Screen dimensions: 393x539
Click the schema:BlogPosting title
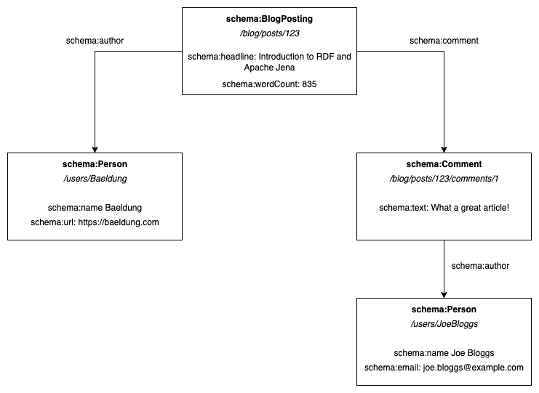click(269, 20)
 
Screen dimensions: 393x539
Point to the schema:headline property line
click(269, 61)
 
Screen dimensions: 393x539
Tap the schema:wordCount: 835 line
click(269, 84)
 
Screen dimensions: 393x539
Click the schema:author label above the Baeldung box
click(95, 41)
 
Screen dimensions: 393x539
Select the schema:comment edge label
click(444, 41)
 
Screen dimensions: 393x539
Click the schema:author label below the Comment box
click(480, 266)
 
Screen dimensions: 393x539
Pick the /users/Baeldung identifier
click(95, 179)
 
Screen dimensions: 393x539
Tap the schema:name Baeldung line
click(95, 208)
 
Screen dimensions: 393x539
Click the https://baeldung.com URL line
click(95, 222)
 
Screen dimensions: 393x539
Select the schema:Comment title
click(444, 165)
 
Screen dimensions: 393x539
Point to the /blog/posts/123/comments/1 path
click(444, 179)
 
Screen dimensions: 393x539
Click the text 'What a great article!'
click(469, 208)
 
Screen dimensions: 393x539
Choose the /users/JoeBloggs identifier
click(444, 324)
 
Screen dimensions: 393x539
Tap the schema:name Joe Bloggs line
click(444, 353)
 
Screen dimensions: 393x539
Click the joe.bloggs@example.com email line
click(444, 368)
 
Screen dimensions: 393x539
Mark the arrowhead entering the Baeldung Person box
click(95, 148)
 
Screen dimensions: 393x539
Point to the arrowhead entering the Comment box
click(444, 148)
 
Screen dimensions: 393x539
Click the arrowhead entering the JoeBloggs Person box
click(444, 293)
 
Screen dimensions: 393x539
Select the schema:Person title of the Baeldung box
click(95, 165)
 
